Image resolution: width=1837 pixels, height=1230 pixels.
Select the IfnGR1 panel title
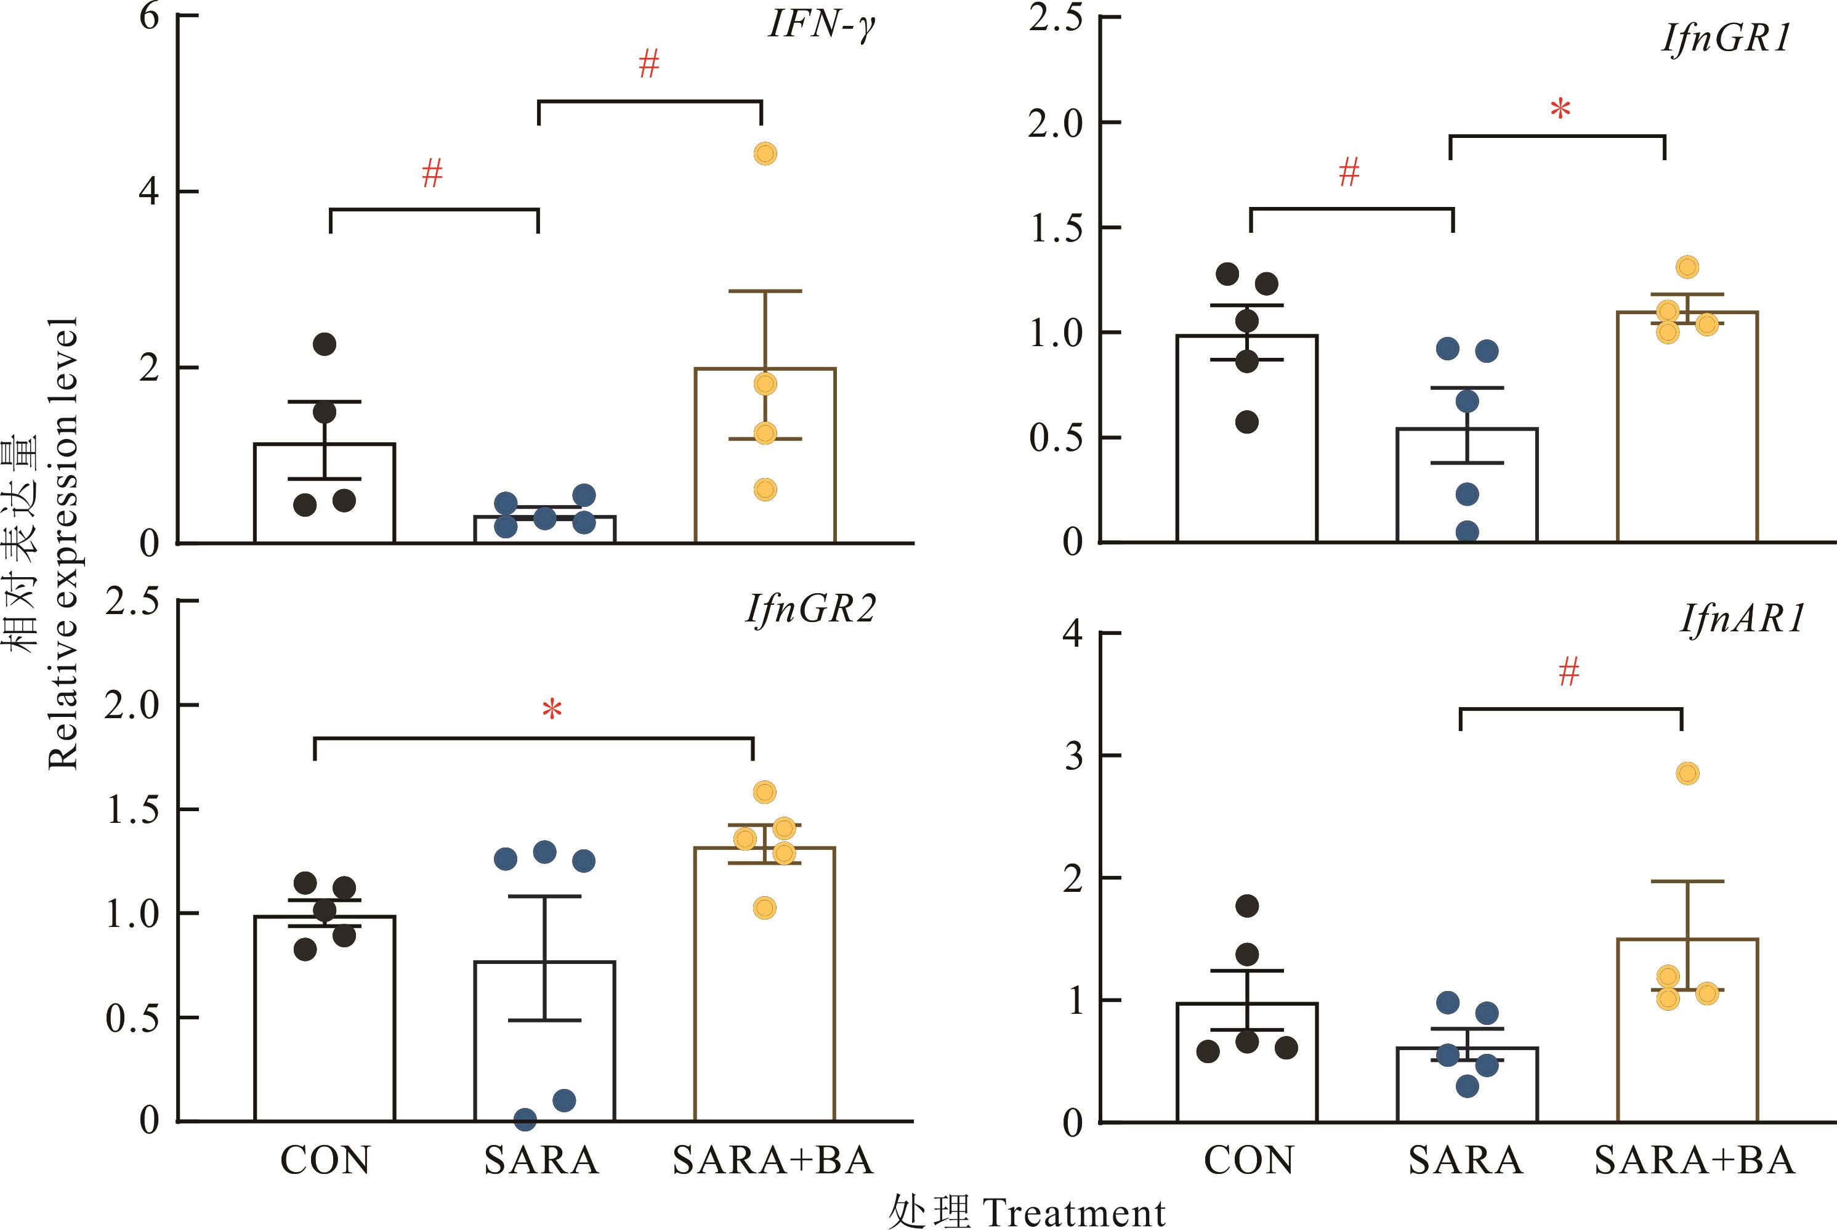pyautogui.click(x=1726, y=38)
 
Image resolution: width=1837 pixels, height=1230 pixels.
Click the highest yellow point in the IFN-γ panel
pyautogui.click(x=765, y=154)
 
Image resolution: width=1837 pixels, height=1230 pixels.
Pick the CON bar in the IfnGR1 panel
pyautogui.click(x=1246, y=439)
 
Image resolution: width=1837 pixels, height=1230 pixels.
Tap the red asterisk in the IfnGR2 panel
pyautogui.click(x=552, y=711)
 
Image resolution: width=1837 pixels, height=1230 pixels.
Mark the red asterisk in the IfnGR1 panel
pyautogui.click(x=1560, y=110)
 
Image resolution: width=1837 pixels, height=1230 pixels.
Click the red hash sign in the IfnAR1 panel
pyautogui.click(x=1569, y=672)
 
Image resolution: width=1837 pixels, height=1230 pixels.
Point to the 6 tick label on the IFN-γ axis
pyautogui.click(x=149, y=15)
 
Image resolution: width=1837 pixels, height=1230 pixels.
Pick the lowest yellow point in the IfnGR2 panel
pyautogui.click(x=765, y=908)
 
